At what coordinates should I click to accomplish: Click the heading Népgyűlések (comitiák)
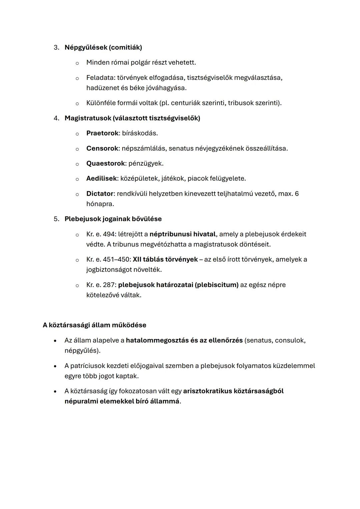tap(103, 47)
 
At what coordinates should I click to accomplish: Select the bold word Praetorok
tap(102, 133)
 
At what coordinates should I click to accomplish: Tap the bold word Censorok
tap(102, 148)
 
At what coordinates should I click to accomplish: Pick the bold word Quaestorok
tap(105, 163)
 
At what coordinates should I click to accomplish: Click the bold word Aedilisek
tap(102, 178)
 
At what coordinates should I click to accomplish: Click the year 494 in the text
tap(109, 234)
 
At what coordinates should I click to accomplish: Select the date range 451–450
tap(117, 259)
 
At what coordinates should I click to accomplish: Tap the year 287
tap(109, 285)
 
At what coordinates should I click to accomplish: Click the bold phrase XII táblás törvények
tap(165, 259)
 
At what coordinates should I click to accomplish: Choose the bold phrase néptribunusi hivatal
tap(182, 234)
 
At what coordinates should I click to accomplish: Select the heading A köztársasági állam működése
tap(94, 325)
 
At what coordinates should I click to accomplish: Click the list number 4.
tap(56, 118)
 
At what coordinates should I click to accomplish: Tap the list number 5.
tap(56, 219)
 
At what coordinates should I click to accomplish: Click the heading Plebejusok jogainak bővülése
tap(113, 219)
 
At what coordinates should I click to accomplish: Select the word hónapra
tap(100, 204)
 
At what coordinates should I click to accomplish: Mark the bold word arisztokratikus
tap(207, 391)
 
